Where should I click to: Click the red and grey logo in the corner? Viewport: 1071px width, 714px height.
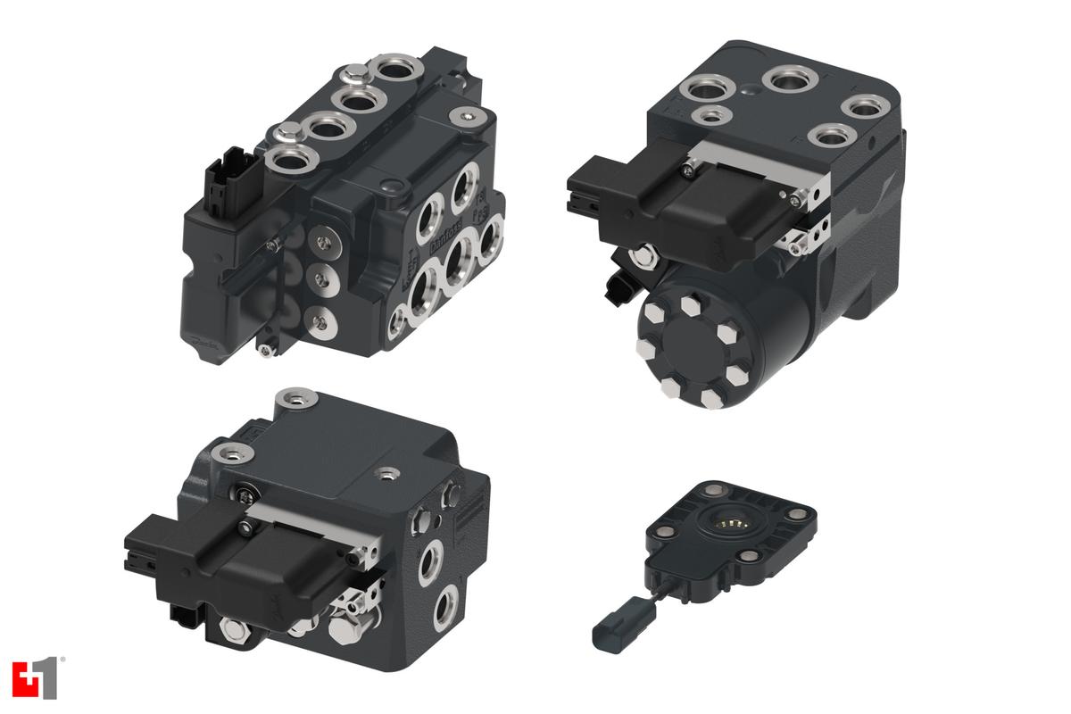pos(35,678)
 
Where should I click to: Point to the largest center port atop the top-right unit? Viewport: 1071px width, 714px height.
pos(790,81)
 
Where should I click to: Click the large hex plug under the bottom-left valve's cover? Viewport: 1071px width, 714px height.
pos(345,628)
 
